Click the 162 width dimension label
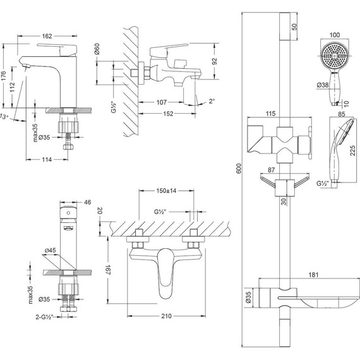[x=47, y=36]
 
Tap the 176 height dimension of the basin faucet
[x=3, y=76]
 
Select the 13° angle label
[x=4, y=117]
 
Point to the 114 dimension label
[x=47, y=159]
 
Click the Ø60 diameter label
[x=97, y=49]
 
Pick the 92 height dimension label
[x=214, y=61]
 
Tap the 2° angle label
[x=212, y=101]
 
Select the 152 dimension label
[x=168, y=114]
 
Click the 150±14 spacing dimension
[x=166, y=191]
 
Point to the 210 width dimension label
[x=166, y=316]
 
